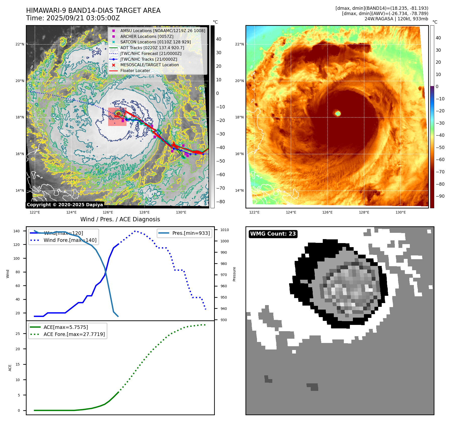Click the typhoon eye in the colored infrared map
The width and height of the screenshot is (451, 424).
coord(338,113)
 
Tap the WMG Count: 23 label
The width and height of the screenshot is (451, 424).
coord(273,234)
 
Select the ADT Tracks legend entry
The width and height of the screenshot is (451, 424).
coord(152,48)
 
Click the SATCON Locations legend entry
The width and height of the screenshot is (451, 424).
coord(155,42)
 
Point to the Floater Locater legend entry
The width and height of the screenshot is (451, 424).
coord(135,70)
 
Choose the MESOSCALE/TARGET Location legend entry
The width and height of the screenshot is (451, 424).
coord(150,65)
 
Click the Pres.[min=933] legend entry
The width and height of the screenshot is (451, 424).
coord(191,233)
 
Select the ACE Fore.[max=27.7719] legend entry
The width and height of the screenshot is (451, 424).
coord(74,334)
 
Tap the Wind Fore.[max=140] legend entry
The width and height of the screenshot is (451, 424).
coord(70,240)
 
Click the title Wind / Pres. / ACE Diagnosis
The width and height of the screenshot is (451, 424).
coord(120,219)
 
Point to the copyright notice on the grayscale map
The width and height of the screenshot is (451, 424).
coord(65,205)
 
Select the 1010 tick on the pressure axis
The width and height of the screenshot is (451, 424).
coord(224,230)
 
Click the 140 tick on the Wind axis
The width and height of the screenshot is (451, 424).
coord(17,231)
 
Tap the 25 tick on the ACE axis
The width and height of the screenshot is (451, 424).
coord(18,334)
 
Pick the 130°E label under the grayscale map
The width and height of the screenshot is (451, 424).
coord(181,212)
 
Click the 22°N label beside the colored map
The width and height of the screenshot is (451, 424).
coord(239,44)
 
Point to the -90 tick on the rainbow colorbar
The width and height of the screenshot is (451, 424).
coord(440,196)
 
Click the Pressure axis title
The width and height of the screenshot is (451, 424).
coord(234,274)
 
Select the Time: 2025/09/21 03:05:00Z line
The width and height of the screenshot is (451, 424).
coord(73,18)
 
